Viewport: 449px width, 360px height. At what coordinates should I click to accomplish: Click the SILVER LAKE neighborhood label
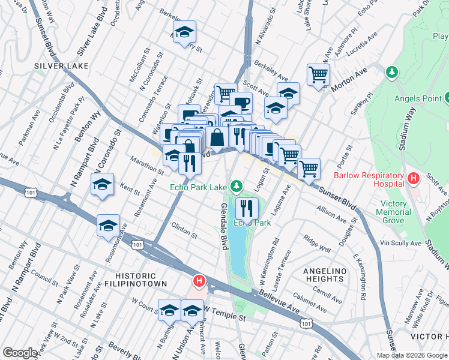point(61,65)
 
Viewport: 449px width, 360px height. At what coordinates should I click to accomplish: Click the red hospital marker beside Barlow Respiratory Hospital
point(413,178)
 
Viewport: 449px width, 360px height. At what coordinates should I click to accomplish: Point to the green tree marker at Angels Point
point(391,73)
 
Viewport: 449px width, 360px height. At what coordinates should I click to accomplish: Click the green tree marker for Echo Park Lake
point(237,185)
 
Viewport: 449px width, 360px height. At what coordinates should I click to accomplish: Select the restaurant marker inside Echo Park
point(246,208)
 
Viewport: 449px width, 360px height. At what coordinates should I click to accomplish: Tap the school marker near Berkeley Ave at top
point(185,31)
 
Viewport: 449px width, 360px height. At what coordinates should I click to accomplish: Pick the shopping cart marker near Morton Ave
point(318,74)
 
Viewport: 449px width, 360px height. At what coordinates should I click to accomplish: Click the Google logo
point(20,353)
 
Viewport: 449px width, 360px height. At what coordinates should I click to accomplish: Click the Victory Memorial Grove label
point(394,212)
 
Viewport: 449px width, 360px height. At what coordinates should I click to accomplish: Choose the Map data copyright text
point(412,355)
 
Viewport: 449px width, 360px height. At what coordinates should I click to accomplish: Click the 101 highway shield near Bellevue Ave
point(306,323)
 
